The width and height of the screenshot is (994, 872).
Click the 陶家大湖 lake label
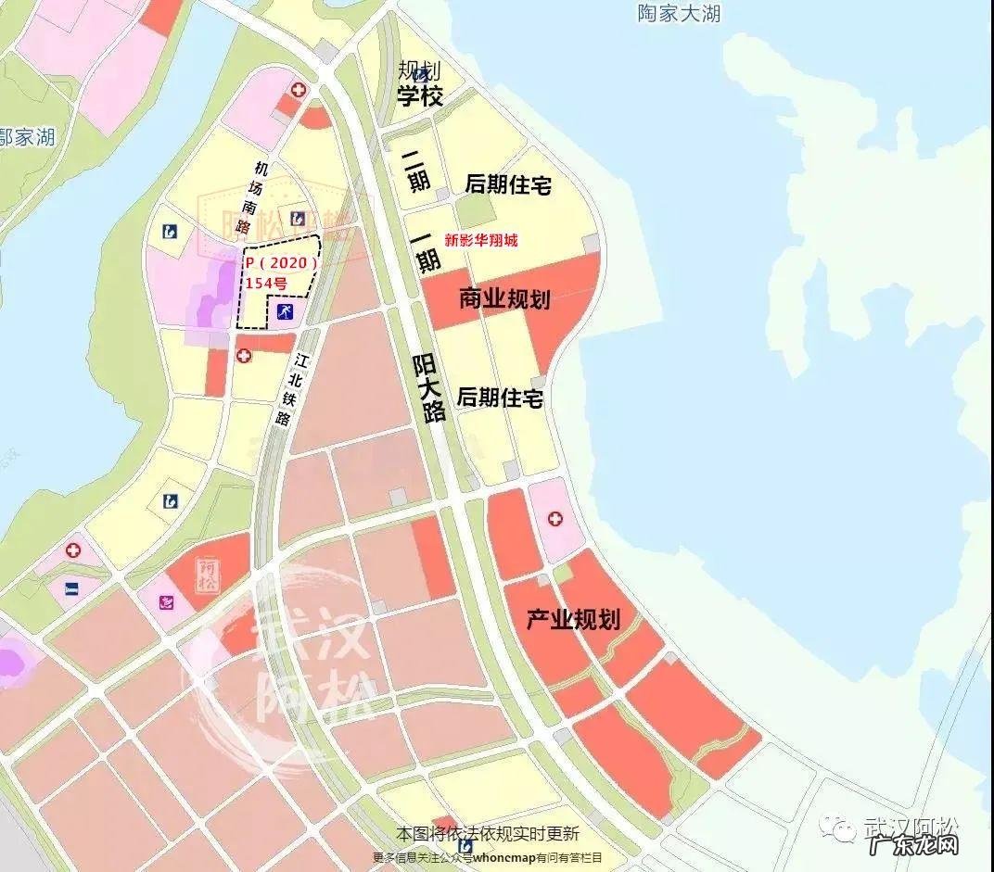point(679,14)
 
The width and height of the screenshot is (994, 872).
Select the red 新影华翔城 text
point(481,240)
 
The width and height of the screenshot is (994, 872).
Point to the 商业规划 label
point(504,298)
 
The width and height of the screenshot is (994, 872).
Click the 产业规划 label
point(573,619)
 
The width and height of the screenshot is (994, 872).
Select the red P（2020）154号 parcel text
point(280,272)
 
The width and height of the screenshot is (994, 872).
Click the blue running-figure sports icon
point(284,312)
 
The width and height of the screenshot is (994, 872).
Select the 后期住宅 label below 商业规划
point(500,398)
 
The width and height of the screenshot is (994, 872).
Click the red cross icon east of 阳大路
point(554,519)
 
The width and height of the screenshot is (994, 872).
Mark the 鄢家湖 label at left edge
point(28,137)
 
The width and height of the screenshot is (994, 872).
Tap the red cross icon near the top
point(298,90)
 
